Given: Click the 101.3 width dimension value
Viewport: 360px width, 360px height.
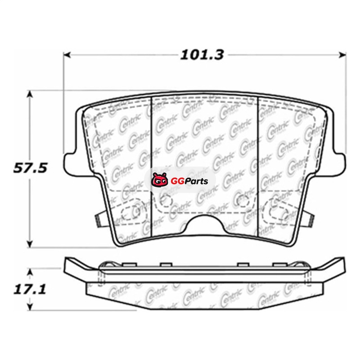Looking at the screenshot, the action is tap(202, 55).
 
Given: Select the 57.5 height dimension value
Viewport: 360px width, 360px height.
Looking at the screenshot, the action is tap(30, 168).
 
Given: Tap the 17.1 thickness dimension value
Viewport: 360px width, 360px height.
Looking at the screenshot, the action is tap(30, 289).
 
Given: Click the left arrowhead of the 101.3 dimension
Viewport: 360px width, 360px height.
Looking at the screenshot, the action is tap(67, 55).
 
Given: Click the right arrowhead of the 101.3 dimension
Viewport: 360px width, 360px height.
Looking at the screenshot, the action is tap(342, 55).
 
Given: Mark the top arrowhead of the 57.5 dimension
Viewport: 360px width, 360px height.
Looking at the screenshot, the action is tap(30, 94).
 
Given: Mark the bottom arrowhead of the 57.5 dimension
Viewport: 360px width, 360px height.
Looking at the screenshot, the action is tap(30, 244).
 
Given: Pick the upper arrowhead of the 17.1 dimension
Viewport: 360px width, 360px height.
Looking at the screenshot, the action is tap(30, 273).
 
